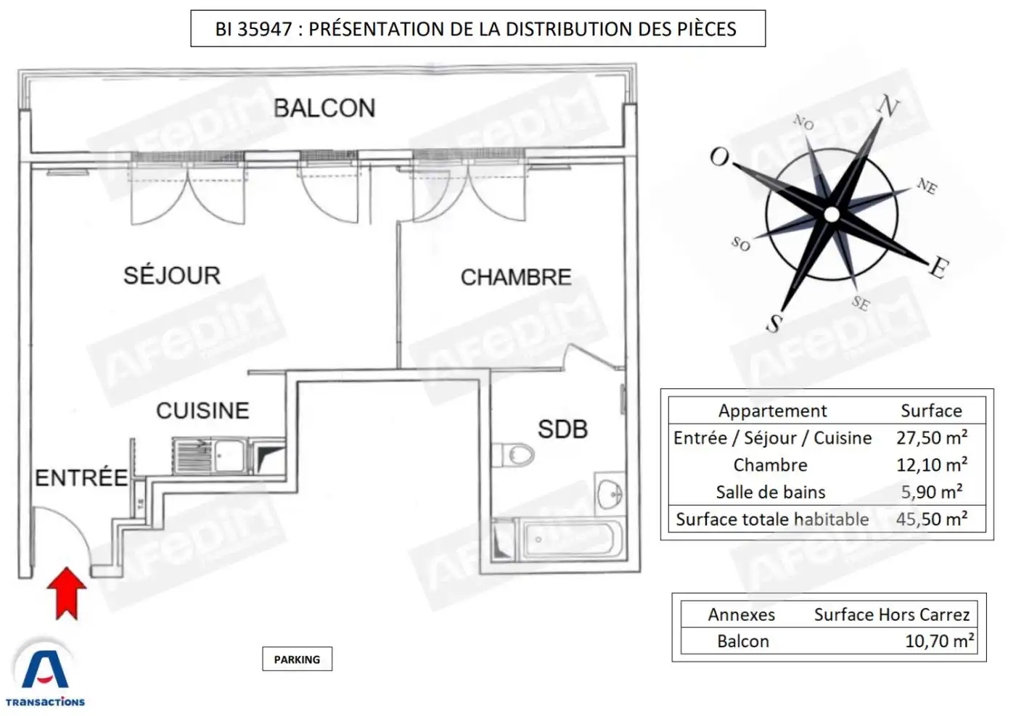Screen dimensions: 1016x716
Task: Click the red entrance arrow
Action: coord(67,593)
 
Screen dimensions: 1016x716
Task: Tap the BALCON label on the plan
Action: coord(325,108)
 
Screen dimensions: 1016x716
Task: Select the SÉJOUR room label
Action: coord(173,275)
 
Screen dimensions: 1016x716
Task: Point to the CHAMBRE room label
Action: coord(516,277)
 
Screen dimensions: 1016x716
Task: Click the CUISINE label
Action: coord(202,411)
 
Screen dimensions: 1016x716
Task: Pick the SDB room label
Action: coord(563,429)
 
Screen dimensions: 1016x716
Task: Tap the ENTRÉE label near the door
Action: coord(81,477)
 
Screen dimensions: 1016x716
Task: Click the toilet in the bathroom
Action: coord(513,455)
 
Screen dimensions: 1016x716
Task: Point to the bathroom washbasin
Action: coord(610,494)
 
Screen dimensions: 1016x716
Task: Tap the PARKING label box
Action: coord(297,659)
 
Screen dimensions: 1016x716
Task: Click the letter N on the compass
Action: coord(888,106)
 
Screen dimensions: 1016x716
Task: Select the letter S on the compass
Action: coord(774,323)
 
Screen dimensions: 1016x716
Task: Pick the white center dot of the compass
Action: coord(832,215)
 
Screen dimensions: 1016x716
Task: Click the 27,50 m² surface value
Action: coord(932,437)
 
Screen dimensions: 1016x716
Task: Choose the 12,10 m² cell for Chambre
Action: coord(932,465)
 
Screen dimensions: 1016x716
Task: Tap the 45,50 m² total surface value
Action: coord(932,519)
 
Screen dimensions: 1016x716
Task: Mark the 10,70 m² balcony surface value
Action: coord(939,641)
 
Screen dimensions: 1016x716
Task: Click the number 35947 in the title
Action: coord(265,29)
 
